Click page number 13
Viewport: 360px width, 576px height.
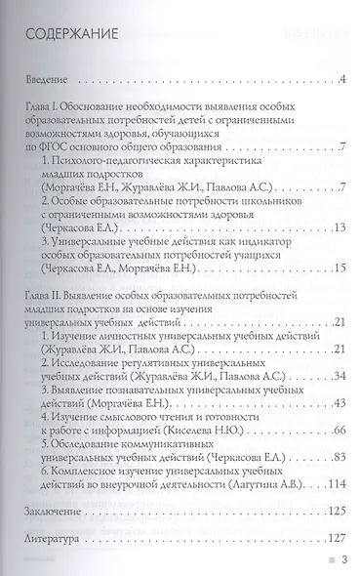[327, 201]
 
